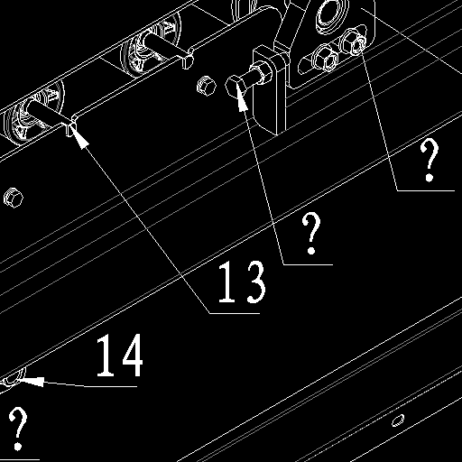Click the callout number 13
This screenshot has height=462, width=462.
(x=242, y=282)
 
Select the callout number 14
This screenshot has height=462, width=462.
(x=119, y=355)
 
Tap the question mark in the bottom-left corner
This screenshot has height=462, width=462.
(x=18, y=429)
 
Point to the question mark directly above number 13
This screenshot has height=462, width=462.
(x=311, y=233)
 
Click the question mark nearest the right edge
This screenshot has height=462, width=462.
(x=430, y=161)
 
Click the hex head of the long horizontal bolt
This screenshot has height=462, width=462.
(x=235, y=86)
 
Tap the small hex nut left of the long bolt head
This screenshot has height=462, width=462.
(x=207, y=86)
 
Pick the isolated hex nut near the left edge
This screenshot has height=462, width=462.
(x=14, y=198)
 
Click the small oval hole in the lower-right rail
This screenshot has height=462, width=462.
(x=398, y=420)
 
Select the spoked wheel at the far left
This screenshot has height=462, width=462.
(x=33, y=113)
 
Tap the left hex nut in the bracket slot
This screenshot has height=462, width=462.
(x=326, y=58)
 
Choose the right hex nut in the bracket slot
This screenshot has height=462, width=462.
(x=353, y=42)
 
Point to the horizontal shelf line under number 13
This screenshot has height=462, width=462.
(x=235, y=313)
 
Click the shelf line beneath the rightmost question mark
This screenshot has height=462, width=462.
(x=426, y=190)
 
